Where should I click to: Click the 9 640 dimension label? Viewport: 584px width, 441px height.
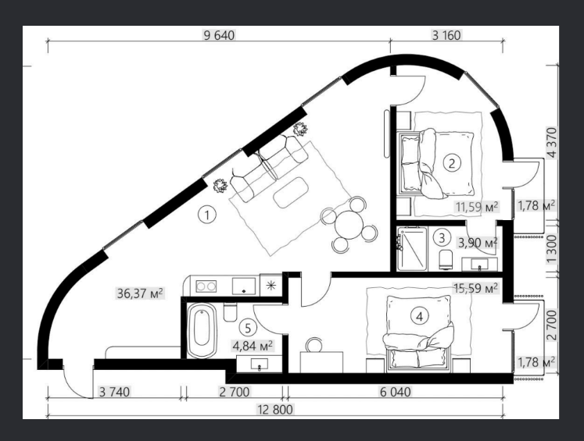tap(219, 35)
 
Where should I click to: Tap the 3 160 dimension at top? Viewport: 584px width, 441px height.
tap(446, 35)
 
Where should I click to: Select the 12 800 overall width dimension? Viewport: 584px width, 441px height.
tap(275, 410)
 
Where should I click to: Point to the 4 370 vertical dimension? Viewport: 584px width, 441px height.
tap(552, 143)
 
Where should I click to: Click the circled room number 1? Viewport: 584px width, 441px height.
tap(207, 215)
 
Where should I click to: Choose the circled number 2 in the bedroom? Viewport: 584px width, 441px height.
tap(452, 163)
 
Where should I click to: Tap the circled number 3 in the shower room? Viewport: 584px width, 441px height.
tap(442, 237)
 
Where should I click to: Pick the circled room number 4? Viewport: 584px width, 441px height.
tap(420, 317)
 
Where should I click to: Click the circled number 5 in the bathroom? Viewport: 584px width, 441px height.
tap(248, 328)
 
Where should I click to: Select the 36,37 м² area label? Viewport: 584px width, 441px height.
tap(140, 293)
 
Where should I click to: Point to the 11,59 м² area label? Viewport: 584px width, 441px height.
tap(477, 207)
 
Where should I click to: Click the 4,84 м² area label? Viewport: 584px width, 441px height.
tap(253, 346)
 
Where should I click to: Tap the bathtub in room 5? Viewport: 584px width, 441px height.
tap(202, 330)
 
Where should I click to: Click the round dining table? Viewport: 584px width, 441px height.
tap(349, 225)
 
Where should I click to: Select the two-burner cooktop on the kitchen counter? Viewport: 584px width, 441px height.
tap(206, 286)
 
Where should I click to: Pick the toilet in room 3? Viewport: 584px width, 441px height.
tap(446, 259)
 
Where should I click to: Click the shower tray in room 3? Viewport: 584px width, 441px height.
tap(412, 249)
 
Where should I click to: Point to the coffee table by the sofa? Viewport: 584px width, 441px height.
tap(291, 192)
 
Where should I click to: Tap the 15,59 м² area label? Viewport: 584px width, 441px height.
tap(475, 288)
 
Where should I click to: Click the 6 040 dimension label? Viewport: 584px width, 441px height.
tap(395, 392)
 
